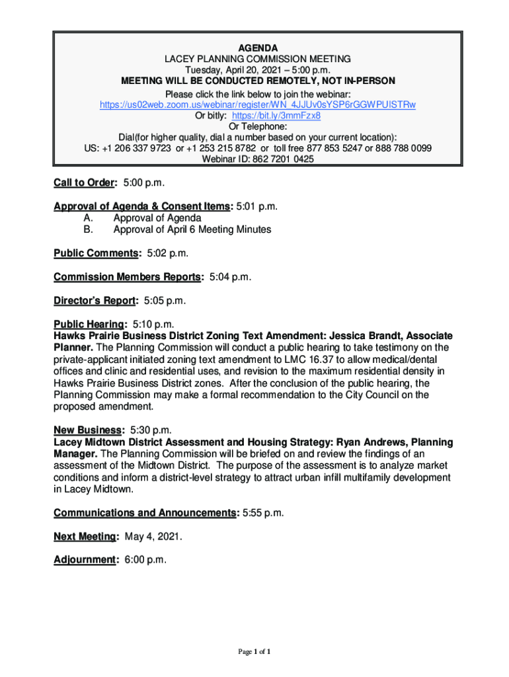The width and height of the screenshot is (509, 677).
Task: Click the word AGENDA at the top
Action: coord(258,48)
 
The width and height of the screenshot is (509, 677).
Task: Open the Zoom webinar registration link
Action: coord(257,104)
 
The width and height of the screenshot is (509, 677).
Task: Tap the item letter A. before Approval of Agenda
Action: coord(88,218)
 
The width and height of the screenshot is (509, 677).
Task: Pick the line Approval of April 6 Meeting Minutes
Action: coord(192,229)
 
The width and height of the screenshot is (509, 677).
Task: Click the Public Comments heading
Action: coord(97,253)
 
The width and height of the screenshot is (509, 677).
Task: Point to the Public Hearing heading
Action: coord(89,325)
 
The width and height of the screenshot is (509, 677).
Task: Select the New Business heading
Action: coord(87,430)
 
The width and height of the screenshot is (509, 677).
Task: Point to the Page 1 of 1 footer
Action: coord(255,652)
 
